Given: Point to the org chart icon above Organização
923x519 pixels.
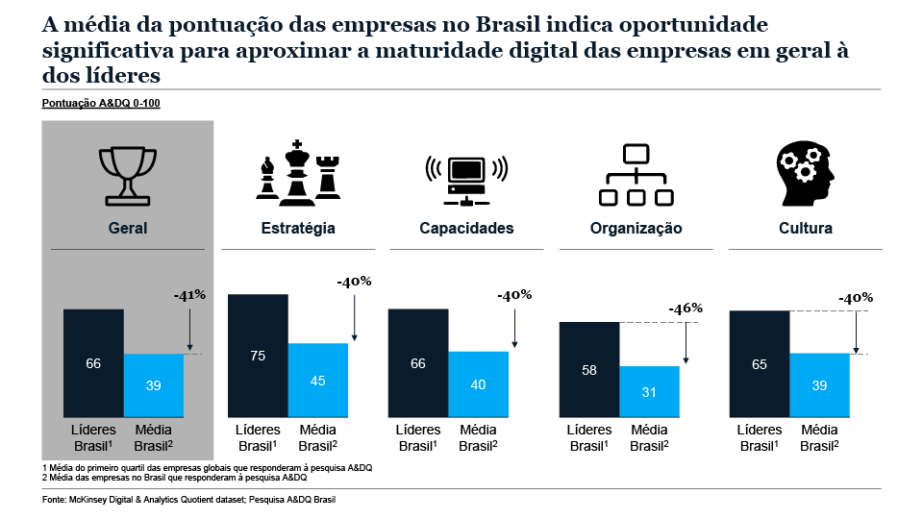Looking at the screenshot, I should pos(636,174).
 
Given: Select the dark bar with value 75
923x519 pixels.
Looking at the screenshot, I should pos(258,355).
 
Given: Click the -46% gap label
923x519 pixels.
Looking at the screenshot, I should pos(686,309).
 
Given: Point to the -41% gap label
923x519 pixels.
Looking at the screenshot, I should pos(189,295).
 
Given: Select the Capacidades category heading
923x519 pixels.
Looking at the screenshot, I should pos(466,229).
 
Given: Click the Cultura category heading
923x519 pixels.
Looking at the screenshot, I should pos(806,229).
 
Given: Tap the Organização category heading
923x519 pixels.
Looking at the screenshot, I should pos(636,229).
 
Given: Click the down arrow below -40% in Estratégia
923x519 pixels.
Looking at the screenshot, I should pos(355,317).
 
